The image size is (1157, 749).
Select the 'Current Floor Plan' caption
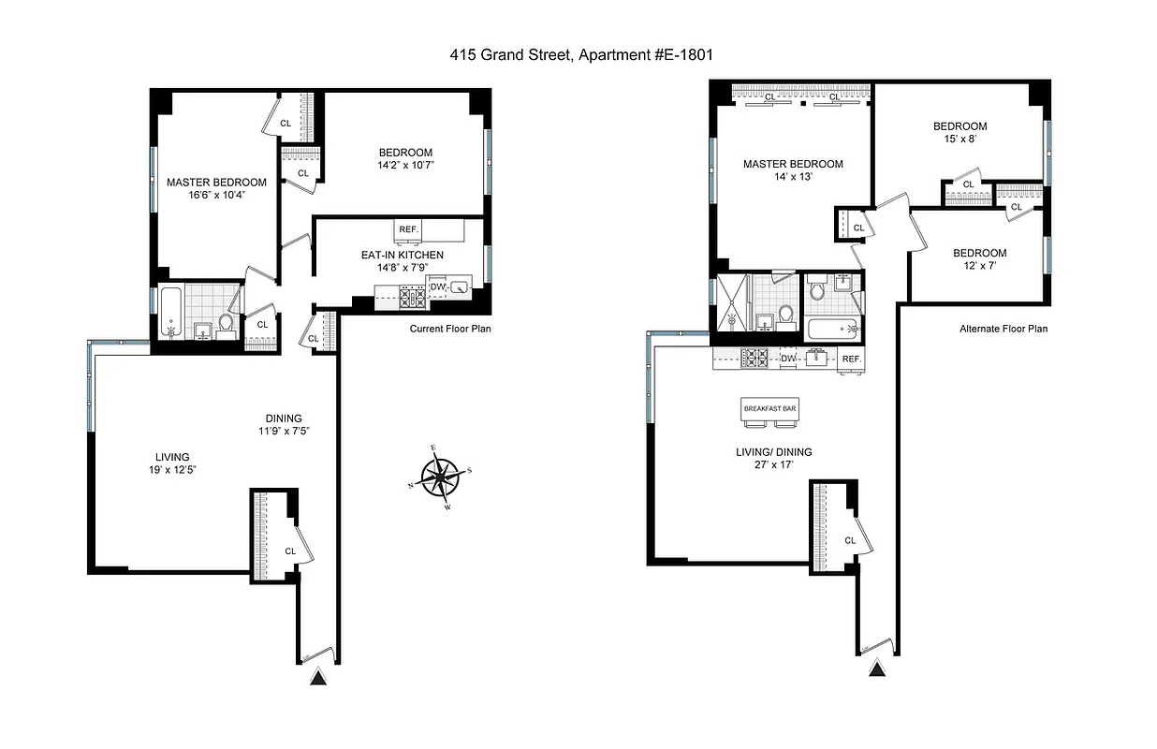[450, 330]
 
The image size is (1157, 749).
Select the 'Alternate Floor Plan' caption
[1003, 330]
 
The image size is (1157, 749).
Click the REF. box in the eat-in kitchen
[409, 229]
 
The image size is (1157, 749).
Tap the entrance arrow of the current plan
[319, 679]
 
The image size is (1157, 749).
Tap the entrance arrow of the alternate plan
[877, 668]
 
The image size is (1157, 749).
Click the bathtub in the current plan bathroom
[170, 313]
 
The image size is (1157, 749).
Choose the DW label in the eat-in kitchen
[436, 287]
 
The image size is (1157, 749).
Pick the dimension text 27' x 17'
[773, 465]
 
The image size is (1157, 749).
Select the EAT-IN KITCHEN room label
[403, 255]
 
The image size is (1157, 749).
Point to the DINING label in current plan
[282, 419]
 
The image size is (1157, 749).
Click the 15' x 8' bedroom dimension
[959, 140]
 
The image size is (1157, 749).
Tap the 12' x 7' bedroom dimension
[979, 267]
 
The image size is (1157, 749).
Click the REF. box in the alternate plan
[851, 360]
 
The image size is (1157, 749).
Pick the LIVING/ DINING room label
[773, 452]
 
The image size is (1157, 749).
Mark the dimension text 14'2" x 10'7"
[405, 167]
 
